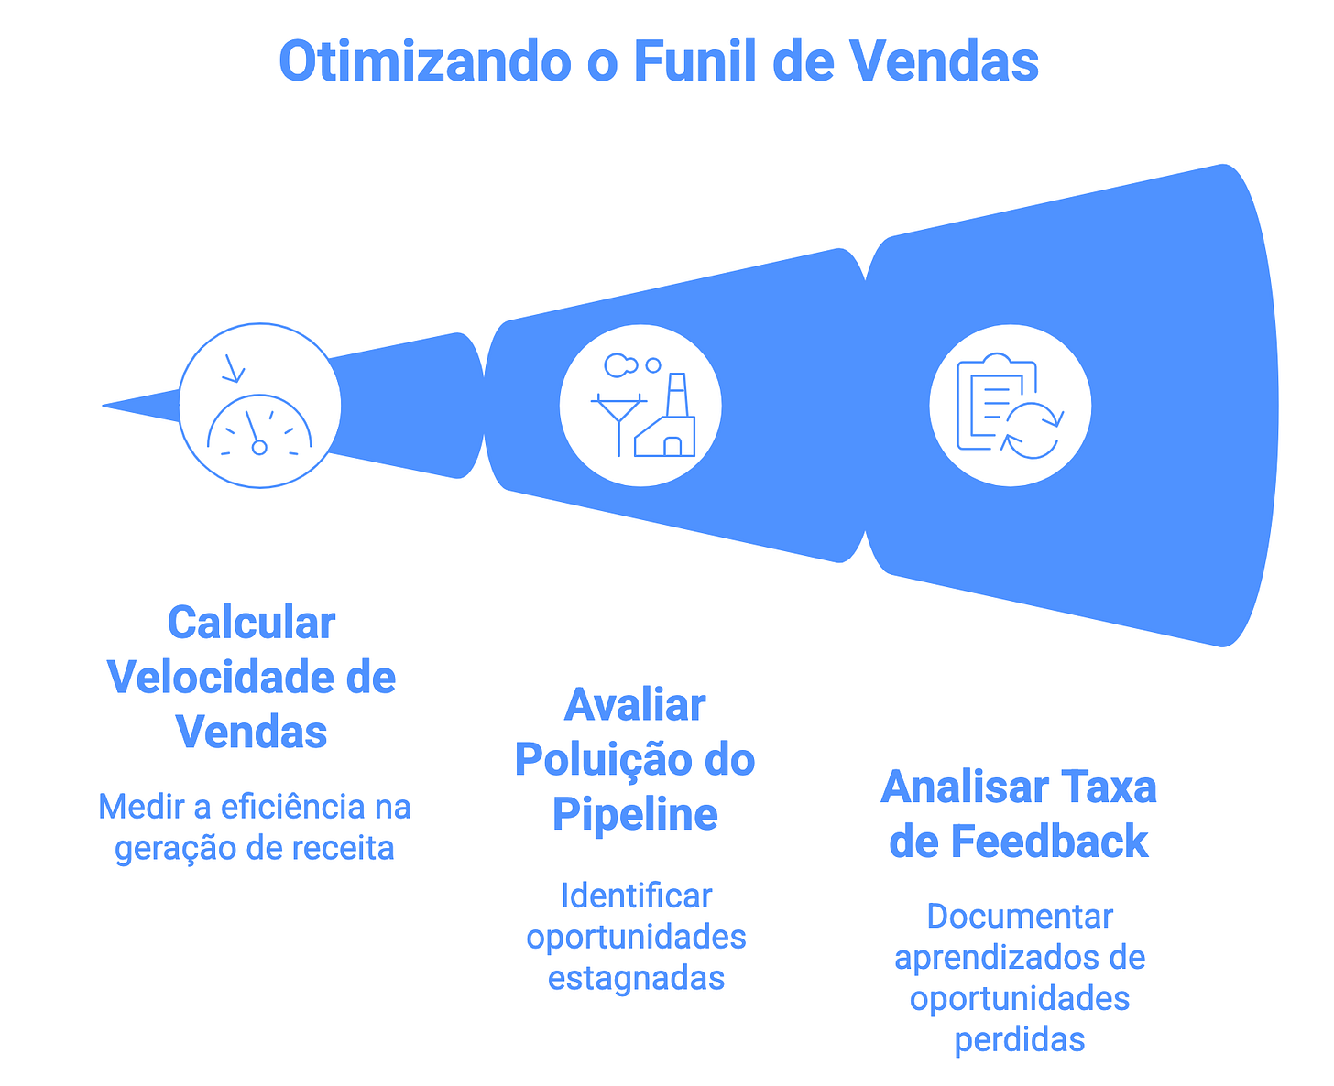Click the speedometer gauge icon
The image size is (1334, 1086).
pos(260,426)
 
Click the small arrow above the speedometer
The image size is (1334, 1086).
pos(233,368)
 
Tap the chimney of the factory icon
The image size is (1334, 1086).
pos(676,395)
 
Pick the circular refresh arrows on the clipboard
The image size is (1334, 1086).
pos(1033,429)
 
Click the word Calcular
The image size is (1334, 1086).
pos(251,624)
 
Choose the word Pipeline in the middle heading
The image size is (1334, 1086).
pos(635,814)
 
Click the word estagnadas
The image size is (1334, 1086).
pos(636,978)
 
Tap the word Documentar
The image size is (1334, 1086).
pos(1020,917)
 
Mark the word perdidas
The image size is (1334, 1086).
pos(1020,1039)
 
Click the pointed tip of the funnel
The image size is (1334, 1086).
pos(106,405)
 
